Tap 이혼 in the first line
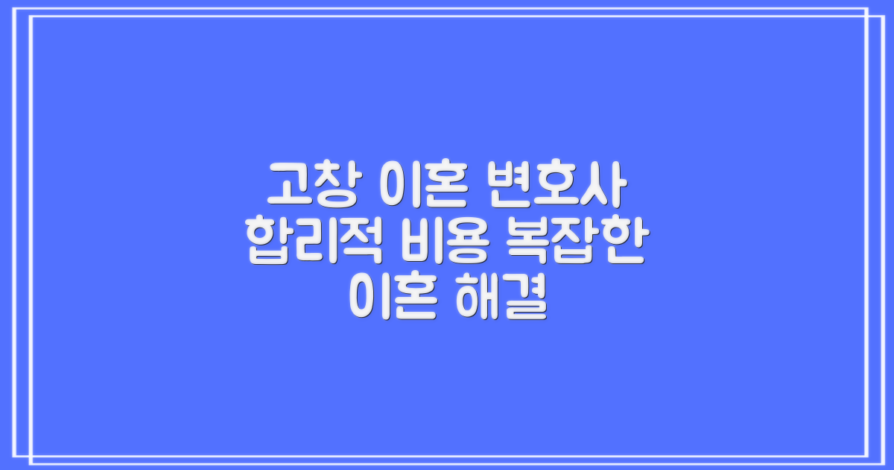point(424,186)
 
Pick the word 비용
point(441,243)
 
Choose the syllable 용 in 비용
point(464,243)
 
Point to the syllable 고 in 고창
point(288,186)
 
